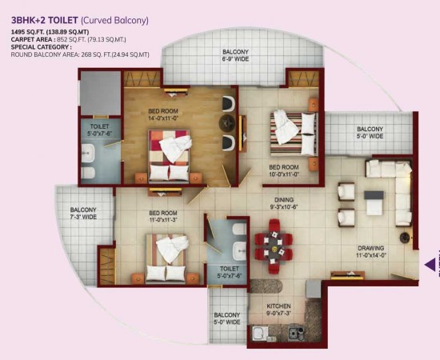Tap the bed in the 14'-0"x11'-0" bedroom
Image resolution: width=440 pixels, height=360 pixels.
pos(170,155)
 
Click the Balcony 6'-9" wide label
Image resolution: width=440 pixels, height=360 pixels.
pos(235,55)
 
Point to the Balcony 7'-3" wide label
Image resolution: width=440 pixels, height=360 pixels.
pos(83,214)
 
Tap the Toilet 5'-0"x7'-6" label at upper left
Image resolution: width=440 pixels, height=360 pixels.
pos(100,130)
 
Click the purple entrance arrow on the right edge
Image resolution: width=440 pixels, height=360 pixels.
pos(430,263)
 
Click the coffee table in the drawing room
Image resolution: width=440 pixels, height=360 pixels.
pos(374,202)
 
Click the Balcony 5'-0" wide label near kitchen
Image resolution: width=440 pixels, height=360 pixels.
pos(227,318)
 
